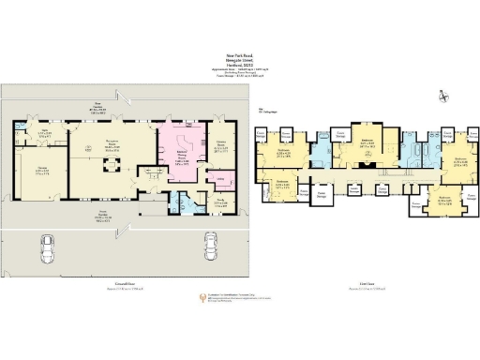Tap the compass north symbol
click(441, 96)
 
